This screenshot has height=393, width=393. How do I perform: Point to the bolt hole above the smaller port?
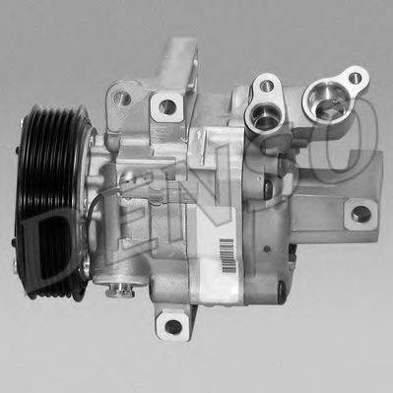[266, 87]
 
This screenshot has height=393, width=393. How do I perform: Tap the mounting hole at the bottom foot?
[173, 326]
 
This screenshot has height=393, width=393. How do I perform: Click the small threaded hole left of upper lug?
[125, 98]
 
